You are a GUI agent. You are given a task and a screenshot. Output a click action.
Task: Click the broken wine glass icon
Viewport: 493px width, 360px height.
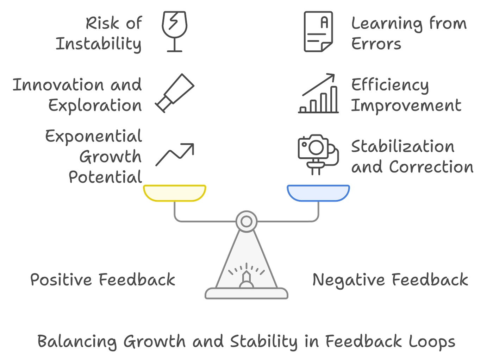[174, 31]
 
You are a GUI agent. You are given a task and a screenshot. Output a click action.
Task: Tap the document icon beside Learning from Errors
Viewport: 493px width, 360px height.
[318, 32]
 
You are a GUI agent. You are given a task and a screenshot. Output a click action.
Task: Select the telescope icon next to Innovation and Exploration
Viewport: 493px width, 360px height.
[175, 93]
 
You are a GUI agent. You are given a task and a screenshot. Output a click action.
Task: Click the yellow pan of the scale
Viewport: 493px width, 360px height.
[175, 192]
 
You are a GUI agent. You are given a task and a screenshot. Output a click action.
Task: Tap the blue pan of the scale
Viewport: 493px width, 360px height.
[318, 192]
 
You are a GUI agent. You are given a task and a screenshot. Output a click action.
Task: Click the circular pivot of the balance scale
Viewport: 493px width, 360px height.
[246, 221]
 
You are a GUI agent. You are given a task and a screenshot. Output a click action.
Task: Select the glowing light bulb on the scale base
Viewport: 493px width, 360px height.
[246, 279]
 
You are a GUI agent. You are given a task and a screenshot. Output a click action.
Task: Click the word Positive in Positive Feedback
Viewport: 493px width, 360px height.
[61, 279]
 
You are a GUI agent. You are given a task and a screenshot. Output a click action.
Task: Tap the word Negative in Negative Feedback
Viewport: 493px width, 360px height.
[348, 280]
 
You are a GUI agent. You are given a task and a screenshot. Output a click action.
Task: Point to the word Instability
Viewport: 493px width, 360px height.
[99, 44]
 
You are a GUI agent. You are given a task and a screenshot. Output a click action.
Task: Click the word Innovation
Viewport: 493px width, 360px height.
[58, 85]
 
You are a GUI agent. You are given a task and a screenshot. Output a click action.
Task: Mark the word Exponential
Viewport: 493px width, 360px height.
[94, 136]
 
